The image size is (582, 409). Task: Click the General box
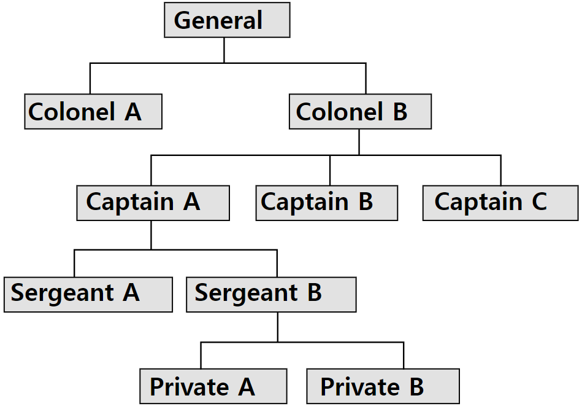pyautogui.click(x=227, y=21)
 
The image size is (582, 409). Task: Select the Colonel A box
pyautogui.click(x=93, y=112)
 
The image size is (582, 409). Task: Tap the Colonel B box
pyautogui.click(x=360, y=112)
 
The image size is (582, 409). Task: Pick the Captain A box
pyautogui.click(x=153, y=203)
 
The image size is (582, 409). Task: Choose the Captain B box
pyautogui.click(x=326, y=203)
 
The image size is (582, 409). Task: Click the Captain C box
pyautogui.click(x=500, y=203)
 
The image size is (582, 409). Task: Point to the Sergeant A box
pyautogui.click(x=88, y=294)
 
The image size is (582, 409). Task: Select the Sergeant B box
pyautogui.click(x=271, y=294)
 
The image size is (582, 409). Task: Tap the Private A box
pyautogui.click(x=213, y=386)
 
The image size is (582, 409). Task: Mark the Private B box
pyautogui.click(x=383, y=386)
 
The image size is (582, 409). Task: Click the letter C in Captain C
pyautogui.click(x=539, y=202)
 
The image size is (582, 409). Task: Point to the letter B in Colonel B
pyautogui.click(x=399, y=112)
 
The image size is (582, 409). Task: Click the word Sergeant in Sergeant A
pyautogui.click(x=63, y=294)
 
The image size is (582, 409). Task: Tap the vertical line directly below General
pyautogui.click(x=224, y=50)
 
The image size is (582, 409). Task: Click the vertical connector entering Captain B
pyautogui.click(x=330, y=170)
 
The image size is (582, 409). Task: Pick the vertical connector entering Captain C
pyautogui.click(x=500, y=170)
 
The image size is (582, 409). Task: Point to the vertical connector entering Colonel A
pyautogui.click(x=90, y=78)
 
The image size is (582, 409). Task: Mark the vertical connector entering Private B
pyautogui.click(x=404, y=356)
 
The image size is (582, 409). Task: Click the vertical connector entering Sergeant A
pyautogui.click(x=74, y=263)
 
